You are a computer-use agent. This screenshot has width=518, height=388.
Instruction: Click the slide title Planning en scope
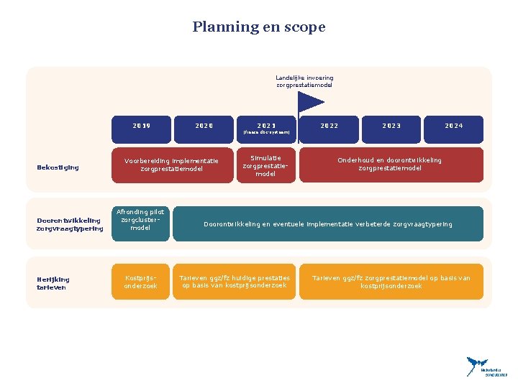pos(259,27)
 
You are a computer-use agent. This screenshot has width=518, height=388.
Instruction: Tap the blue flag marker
pos(310,104)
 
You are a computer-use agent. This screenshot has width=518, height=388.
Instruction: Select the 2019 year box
pos(142,126)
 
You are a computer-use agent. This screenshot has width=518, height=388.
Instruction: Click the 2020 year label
pos(204,126)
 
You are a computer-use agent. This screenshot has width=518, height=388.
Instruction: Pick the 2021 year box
pos(266,126)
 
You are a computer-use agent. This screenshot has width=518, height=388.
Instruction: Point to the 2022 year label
pos(330,126)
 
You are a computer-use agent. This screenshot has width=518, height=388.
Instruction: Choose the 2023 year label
pos(391,126)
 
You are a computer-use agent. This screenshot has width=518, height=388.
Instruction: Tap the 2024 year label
pos(453,126)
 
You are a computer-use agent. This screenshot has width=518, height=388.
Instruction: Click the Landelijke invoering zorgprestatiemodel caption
pos(304,81)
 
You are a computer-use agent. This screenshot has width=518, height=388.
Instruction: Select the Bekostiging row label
pos(57,168)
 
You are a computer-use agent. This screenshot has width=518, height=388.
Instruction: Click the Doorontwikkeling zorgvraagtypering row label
pos(70,224)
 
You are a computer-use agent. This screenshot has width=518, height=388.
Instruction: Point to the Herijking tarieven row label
pos(53,283)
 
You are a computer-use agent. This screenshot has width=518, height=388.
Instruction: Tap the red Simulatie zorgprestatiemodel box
pos(265,165)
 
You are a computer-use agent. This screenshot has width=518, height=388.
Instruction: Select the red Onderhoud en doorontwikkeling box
pos(391,165)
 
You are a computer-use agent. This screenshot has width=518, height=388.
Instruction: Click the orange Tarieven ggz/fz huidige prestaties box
pos(235,282)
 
